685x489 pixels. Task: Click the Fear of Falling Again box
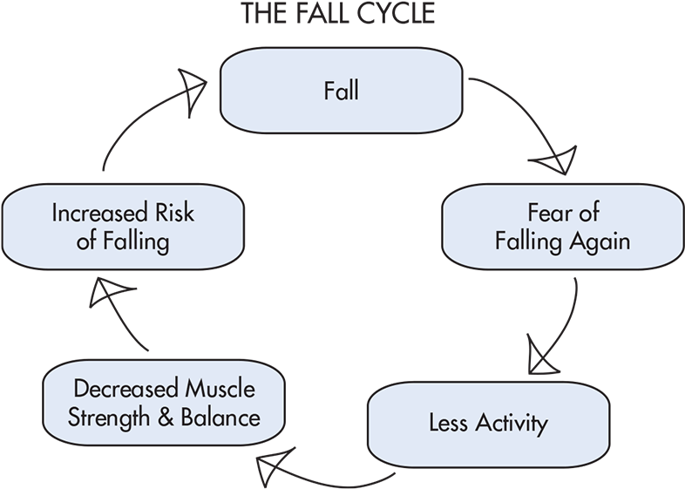pyautogui.click(x=562, y=227)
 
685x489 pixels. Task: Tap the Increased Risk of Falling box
pyautogui.click(x=122, y=227)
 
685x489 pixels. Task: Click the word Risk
pyautogui.click(x=174, y=213)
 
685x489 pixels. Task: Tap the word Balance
pyautogui.click(x=222, y=417)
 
